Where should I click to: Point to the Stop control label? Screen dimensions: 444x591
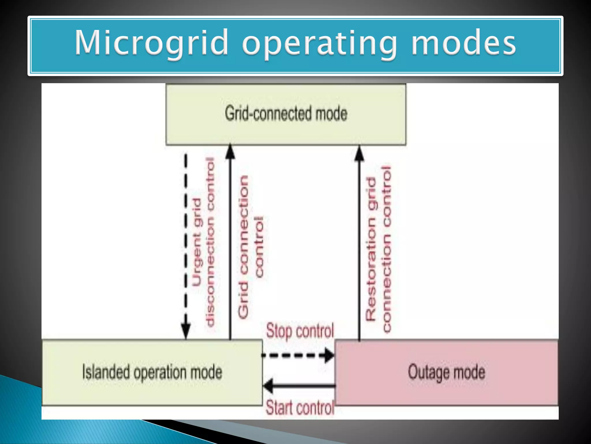[300, 331]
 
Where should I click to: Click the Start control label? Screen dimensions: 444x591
[300, 408]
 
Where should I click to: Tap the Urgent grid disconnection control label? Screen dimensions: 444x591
[204, 243]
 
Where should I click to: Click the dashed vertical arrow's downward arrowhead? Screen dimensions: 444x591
[186, 331]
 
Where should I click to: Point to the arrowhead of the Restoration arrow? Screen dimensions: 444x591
[359, 153]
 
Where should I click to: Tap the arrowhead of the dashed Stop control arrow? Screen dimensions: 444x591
[329, 355]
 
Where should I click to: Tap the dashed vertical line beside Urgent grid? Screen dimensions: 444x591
[186, 231]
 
